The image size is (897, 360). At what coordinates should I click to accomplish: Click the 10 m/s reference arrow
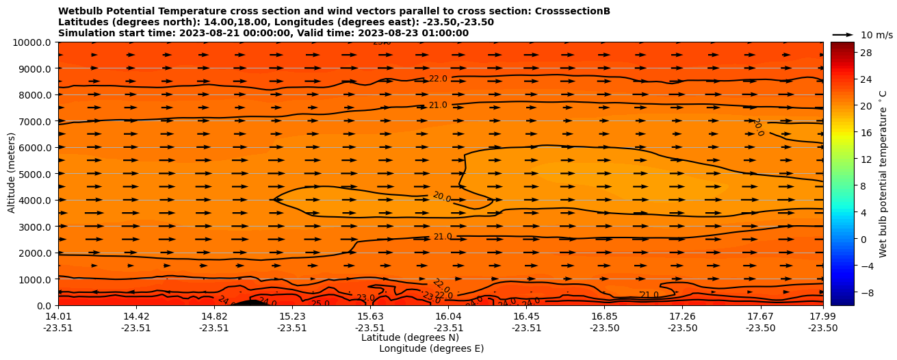click(843, 34)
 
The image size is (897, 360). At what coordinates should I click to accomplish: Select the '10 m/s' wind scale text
click(876, 35)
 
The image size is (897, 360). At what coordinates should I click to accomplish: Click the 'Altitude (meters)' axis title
click(12, 174)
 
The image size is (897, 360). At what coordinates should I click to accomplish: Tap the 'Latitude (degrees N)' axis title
click(410, 337)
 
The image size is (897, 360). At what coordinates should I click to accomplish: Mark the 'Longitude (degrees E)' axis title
click(431, 348)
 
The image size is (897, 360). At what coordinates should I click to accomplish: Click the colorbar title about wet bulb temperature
click(883, 174)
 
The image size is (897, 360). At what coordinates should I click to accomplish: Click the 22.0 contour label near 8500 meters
click(438, 79)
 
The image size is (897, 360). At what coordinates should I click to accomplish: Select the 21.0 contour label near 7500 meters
click(438, 105)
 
